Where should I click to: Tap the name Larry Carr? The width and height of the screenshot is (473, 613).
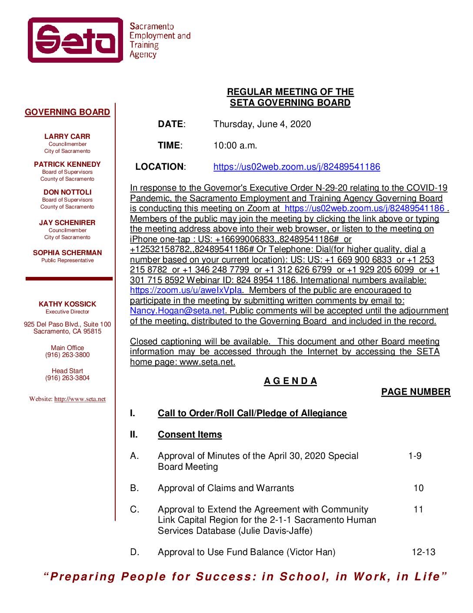67,136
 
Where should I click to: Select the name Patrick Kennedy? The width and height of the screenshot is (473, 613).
67,164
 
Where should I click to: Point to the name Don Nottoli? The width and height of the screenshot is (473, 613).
67,192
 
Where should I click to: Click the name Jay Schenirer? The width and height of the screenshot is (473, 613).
67,222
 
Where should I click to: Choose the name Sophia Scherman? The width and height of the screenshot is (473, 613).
67,253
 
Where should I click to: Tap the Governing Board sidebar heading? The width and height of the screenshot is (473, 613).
67,112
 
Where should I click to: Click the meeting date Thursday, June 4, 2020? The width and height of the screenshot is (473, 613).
262,124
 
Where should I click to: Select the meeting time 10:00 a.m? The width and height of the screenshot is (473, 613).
235,145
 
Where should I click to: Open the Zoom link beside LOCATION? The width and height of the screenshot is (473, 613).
296,167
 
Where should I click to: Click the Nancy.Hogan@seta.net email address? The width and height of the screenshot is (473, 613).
177,311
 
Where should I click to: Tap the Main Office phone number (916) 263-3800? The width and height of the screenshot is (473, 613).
67,355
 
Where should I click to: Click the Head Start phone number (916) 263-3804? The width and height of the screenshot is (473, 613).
67,378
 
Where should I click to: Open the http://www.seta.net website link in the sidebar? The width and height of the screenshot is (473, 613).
80,399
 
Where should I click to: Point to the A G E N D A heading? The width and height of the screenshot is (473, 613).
290,381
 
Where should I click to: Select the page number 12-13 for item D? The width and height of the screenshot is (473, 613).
423,552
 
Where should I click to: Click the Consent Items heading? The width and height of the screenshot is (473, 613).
190,434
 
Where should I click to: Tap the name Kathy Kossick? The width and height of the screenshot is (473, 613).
67,304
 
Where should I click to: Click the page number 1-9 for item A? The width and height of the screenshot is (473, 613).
415,456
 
